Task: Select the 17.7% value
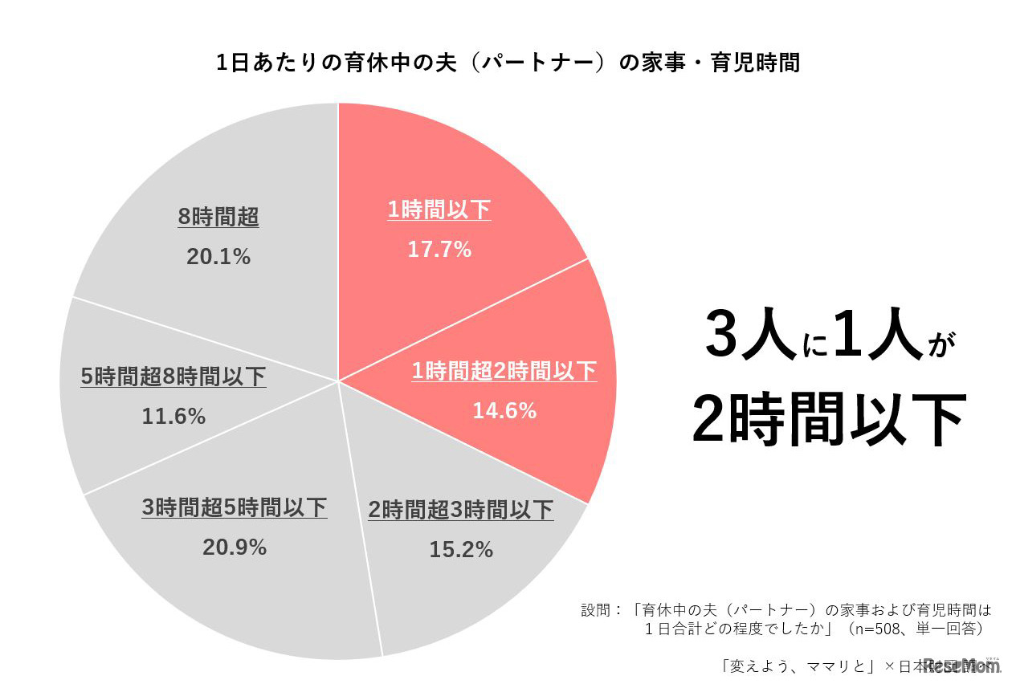tap(439, 250)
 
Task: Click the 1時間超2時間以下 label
tap(504, 372)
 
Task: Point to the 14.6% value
tap(504, 411)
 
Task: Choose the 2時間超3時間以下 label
tap(461, 511)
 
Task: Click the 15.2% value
tap(461, 550)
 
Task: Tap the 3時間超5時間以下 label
tap(235, 508)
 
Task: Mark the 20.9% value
tap(235, 548)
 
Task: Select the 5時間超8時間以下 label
tap(173, 377)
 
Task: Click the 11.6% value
tap(173, 417)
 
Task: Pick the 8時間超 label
tap(218, 218)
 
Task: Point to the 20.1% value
tap(218, 257)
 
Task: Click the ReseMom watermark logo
tap(961, 665)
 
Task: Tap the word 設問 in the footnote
tap(595, 609)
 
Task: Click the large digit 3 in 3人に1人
tap(724, 336)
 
